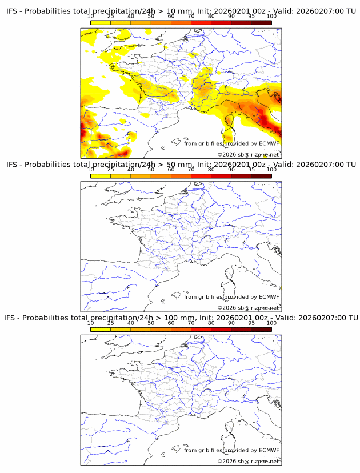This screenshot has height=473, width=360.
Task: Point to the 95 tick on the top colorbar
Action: [x=252, y=17]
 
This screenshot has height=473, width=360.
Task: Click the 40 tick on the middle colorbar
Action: [x=131, y=170]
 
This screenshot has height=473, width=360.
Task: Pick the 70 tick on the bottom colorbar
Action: [x=191, y=323]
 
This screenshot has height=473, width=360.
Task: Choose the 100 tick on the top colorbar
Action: [x=271, y=17]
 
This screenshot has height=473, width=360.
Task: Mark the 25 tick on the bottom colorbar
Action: [x=111, y=323]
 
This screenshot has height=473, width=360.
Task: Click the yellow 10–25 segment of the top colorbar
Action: [x=101, y=22]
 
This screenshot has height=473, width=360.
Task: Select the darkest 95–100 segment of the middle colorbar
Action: [x=262, y=176]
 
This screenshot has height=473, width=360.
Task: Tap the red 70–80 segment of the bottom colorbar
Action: [x=201, y=329]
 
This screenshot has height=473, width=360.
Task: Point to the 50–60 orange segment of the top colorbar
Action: [x=161, y=22]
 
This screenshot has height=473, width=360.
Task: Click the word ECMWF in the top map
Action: [x=269, y=143]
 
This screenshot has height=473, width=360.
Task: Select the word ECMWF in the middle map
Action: [x=269, y=297]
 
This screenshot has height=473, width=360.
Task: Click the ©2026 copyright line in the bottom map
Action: [x=248, y=461]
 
